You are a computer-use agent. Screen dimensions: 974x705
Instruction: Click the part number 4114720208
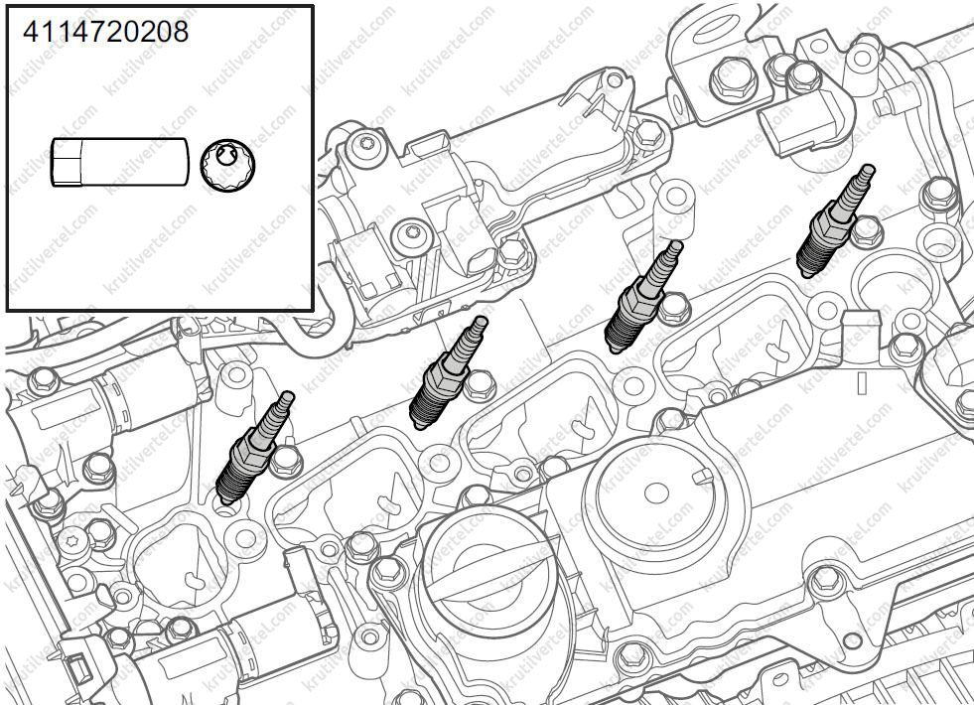tap(105, 32)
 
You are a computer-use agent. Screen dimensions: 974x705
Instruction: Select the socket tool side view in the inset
tap(119, 162)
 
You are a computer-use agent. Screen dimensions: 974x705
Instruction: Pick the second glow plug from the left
tap(449, 372)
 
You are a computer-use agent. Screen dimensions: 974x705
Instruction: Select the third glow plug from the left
tap(643, 296)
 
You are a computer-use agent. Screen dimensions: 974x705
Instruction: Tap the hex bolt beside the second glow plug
tap(481, 385)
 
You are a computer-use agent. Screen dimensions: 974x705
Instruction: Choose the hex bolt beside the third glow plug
tap(674, 309)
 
